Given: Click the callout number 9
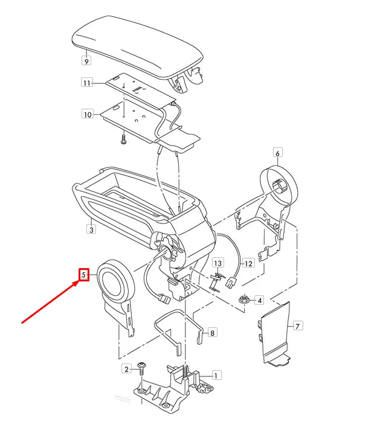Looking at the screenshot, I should pos(86,61).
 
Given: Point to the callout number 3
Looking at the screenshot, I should pos(91,229).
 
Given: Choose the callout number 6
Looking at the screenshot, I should pos(278,153).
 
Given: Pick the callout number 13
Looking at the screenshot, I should pos(218,263).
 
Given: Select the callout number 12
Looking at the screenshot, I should pos(248,264).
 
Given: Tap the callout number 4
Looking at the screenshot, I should pos(259,300).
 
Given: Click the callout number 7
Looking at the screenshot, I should pos(297,326).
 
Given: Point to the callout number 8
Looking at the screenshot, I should pos(211,332).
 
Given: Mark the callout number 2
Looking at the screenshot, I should pos(127,368).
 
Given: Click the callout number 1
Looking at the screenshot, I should pos(217,375).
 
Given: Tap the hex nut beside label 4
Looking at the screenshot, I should pos(244,299).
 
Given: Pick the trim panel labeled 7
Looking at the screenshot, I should pos(274,332).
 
